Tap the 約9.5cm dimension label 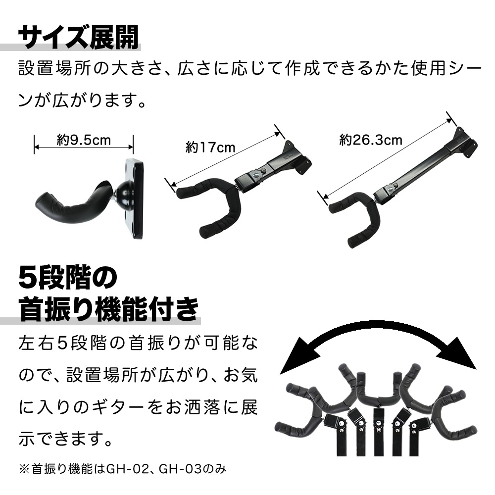coord(84,141)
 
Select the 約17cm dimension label coord(210,147)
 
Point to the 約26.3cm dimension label coord(371,140)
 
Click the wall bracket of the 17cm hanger coord(297,158)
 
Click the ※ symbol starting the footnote coord(23,467)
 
